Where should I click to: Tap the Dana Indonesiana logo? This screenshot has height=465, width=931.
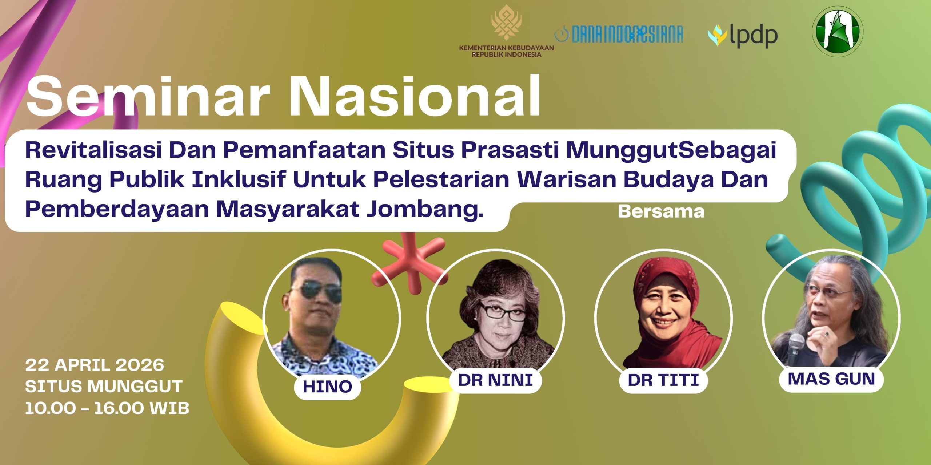pyautogui.click(x=619, y=34)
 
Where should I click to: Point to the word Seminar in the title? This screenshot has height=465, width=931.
pyautogui.click(x=147, y=96)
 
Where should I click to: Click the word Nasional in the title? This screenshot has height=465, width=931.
pyautogui.click(x=414, y=96)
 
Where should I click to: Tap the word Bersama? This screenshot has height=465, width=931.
pyautogui.click(x=661, y=211)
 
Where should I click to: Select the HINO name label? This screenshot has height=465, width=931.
pyautogui.click(x=327, y=387)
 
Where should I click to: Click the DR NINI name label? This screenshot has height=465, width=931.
pyautogui.click(x=496, y=380)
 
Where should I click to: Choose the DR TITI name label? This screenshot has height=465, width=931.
pyautogui.click(x=663, y=380)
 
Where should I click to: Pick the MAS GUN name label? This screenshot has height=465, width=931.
pyautogui.click(x=831, y=379)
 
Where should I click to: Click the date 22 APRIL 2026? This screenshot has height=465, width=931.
pyautogui.click(x=95, y=365)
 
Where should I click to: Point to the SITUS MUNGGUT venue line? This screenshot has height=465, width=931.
pyautogui.click(x=104, y=386)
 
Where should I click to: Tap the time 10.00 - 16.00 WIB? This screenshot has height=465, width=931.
pyautogui.click(x=107, y=408)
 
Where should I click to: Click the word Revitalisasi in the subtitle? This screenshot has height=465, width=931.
pyautogui.click(x=93, y=150)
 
